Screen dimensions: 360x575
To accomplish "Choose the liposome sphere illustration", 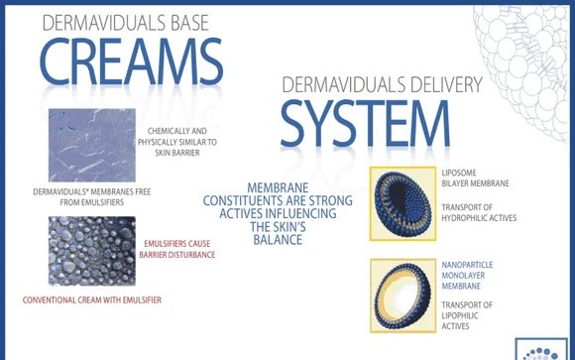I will coord(403,203).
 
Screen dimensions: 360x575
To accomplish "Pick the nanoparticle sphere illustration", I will coord(403,293).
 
